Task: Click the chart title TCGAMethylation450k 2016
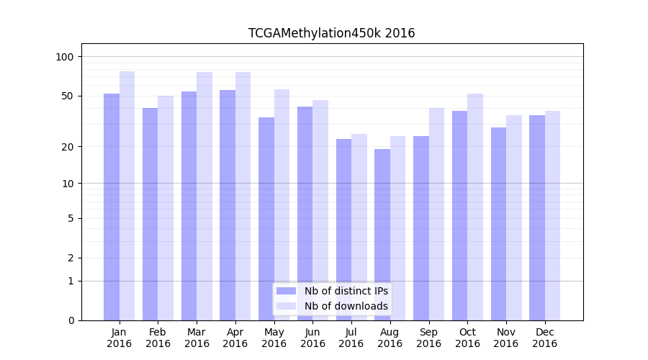pyautogui.click(x=331, y=33)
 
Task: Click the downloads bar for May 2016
pyautogui.click(x=282, y=204)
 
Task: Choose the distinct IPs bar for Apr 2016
pyautogui.click(x=228, y=205)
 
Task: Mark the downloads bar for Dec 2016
pyautogui.click(x=552, y=215)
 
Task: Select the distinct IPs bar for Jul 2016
pyautogui.click(x=343, y=230)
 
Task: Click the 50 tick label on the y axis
pyautogui.click(x=68, y=96)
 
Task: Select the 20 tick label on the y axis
pyautogui.click(x=68, y=147)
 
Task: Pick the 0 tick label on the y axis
pyautogui.click(x=71, y=320)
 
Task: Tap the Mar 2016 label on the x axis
pyautogui.click(x=197, y=338)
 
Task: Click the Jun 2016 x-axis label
pyautogui.click(x=312, y=338)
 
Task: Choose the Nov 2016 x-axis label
pyautogui.click(x=506, y=338)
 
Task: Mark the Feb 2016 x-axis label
pyautogui.click(x=158, y=338)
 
